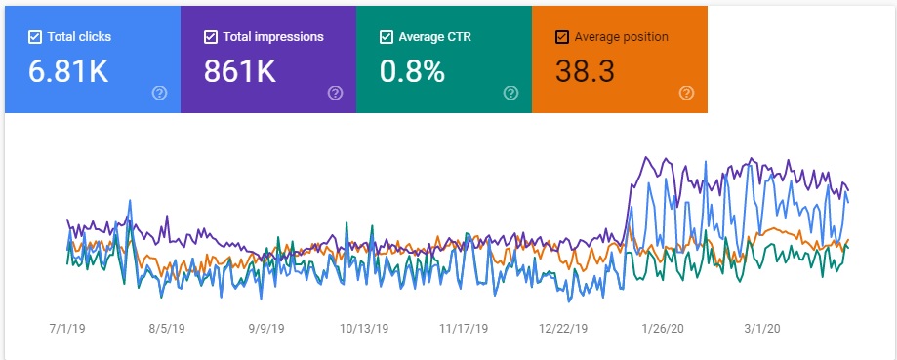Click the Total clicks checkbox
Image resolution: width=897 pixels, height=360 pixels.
coord(35,37)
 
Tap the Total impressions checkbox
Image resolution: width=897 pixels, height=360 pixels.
coord(211,37)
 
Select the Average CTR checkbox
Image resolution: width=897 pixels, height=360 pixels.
coord(387,37)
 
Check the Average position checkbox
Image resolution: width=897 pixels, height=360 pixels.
coord(561,37)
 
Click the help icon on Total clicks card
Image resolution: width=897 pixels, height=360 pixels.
coord(159,93)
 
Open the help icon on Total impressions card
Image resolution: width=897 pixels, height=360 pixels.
coord(335,93)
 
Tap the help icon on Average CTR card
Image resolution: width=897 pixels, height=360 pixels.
coord(510,93)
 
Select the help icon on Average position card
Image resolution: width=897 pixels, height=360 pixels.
coord(686,93)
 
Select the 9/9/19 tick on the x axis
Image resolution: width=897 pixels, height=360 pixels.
coord(268,329)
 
